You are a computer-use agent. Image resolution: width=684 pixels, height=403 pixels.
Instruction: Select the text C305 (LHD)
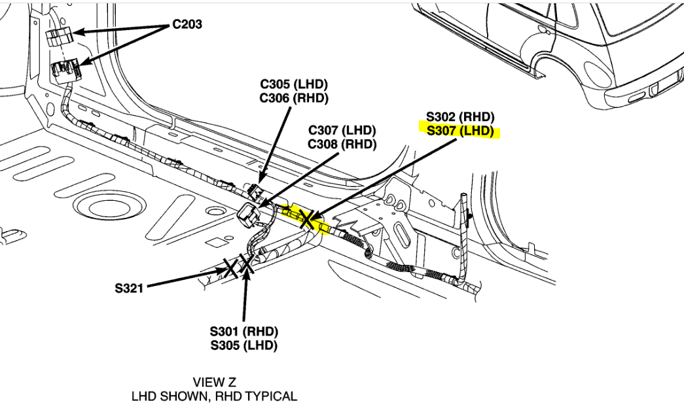click(x=294, y=84)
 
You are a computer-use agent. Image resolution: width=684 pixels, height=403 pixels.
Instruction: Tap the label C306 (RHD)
click(x=294, y=98)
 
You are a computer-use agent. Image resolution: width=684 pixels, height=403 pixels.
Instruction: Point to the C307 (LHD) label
click(x=342, y=130)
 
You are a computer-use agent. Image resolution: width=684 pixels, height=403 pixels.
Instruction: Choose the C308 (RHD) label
click(x=342, y=144)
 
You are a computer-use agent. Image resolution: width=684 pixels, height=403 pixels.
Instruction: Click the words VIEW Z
click(x=214, y=382)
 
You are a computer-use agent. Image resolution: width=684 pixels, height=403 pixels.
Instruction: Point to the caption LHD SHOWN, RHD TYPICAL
click(x=214, y=396)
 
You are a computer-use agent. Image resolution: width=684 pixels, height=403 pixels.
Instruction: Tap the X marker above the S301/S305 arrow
click(x=247, y=263)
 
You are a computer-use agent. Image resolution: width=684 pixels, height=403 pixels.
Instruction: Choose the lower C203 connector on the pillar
click(x=65, y=68)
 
